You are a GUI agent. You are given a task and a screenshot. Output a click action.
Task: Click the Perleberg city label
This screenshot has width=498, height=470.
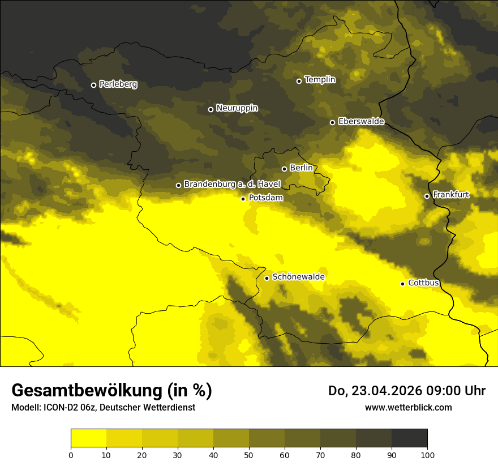[x=118, y=84]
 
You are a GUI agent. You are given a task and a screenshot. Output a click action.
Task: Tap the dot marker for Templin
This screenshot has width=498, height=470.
[x=299, y=81]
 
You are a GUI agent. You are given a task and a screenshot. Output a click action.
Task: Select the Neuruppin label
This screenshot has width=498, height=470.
[x=237, y=108]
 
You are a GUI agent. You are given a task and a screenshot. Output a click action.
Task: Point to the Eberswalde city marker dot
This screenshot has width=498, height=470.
[x=333, y=122]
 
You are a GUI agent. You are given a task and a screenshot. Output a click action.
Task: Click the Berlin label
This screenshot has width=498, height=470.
[x=300, y=168]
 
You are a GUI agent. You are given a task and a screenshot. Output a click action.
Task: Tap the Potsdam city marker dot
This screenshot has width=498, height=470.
[x=243, y=199]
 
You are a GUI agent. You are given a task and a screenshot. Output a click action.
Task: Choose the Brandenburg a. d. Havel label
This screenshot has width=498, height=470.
[x=231, y=185]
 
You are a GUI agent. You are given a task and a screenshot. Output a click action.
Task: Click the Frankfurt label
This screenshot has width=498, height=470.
[x=450, y=195]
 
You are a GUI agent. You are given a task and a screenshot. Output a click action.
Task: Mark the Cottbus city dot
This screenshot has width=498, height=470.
[x=403, y=284]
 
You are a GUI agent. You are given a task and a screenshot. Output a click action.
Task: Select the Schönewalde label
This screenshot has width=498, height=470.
[x=298, y=277]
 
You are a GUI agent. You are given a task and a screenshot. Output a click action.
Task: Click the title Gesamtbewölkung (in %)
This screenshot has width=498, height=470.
[x=111, y=391]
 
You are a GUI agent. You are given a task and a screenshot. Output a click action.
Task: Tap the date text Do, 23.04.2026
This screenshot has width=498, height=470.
[x=376, y=391]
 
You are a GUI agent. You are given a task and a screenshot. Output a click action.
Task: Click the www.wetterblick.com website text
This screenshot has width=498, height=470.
[x=408, y=407]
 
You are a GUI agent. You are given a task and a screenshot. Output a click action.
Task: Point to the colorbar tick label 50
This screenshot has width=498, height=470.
[x=249, y=455]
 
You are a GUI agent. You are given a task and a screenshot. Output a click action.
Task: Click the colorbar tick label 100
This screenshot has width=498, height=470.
[x=427, y=455]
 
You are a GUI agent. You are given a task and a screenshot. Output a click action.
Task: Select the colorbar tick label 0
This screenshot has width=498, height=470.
[x=71, y=455]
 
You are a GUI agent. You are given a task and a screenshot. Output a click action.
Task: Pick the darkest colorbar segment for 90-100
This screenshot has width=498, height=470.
[x=409, y=438]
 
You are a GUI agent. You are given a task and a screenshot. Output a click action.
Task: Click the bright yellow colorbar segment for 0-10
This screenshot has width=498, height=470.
[x=89, y=438]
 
